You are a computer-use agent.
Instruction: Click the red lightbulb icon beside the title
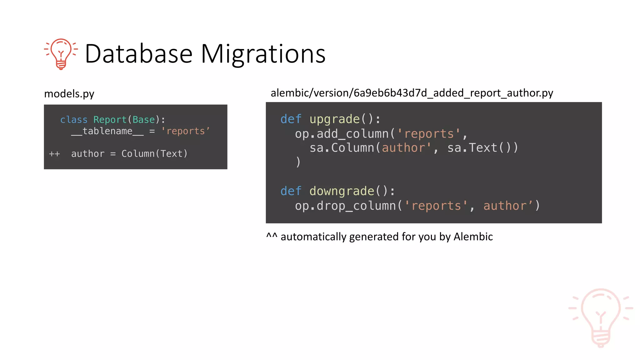[61, 53]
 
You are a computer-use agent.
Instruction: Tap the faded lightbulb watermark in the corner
[600, 317]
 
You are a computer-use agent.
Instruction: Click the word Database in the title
[138, 54]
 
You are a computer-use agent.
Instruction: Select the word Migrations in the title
[263, 54]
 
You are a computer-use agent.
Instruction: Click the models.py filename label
[69, 94]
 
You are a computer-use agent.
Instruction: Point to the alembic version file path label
[412, 93]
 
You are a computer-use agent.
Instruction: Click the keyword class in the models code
[74, 120]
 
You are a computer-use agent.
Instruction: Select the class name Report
[110, 120]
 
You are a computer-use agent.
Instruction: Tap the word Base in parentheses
[143, 120]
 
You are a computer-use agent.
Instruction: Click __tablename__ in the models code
[107, 131]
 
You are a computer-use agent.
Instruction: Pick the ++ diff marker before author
[54, 154]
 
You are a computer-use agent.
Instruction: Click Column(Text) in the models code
[154, 154]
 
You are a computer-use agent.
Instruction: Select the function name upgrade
[334, 119]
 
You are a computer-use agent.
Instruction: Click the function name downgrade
[342, 191]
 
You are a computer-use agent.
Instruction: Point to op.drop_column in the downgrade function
[345, 206]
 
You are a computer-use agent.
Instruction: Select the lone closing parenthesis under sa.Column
[298, 162]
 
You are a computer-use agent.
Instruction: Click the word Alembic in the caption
[473, 237]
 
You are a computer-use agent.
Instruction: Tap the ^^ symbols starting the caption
[272, 236]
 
